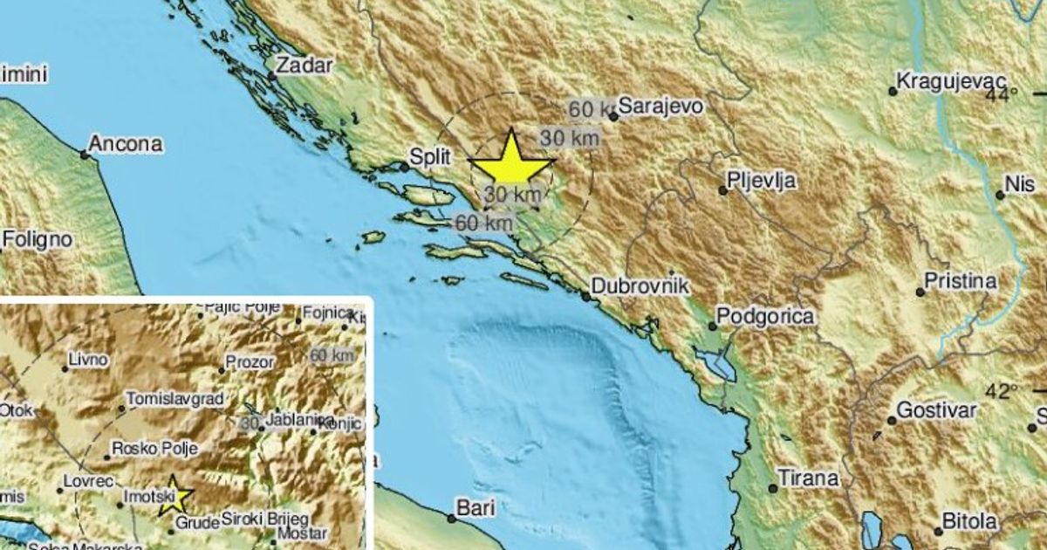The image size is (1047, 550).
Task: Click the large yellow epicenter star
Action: [511, 162]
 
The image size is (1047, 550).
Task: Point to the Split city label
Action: [429, 157]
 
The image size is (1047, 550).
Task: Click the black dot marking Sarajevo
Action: [614, 115]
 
